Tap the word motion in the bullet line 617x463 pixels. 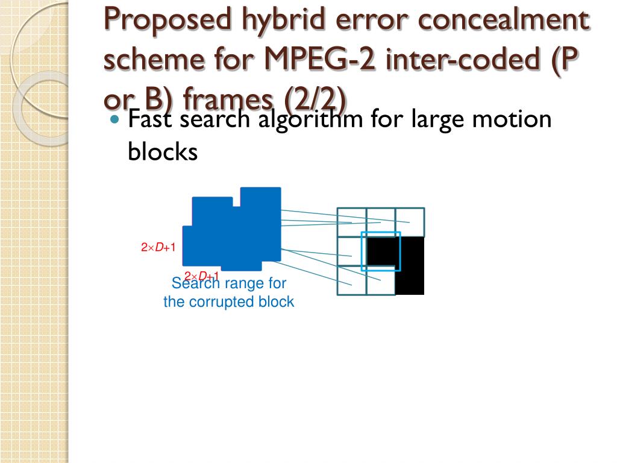tap(512, 119)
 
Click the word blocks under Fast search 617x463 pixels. tap(163, 151)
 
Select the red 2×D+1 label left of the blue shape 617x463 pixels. tap(158, 248)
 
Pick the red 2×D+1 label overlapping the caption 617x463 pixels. tap(201, 276)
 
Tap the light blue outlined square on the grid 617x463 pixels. tap(381, 251)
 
